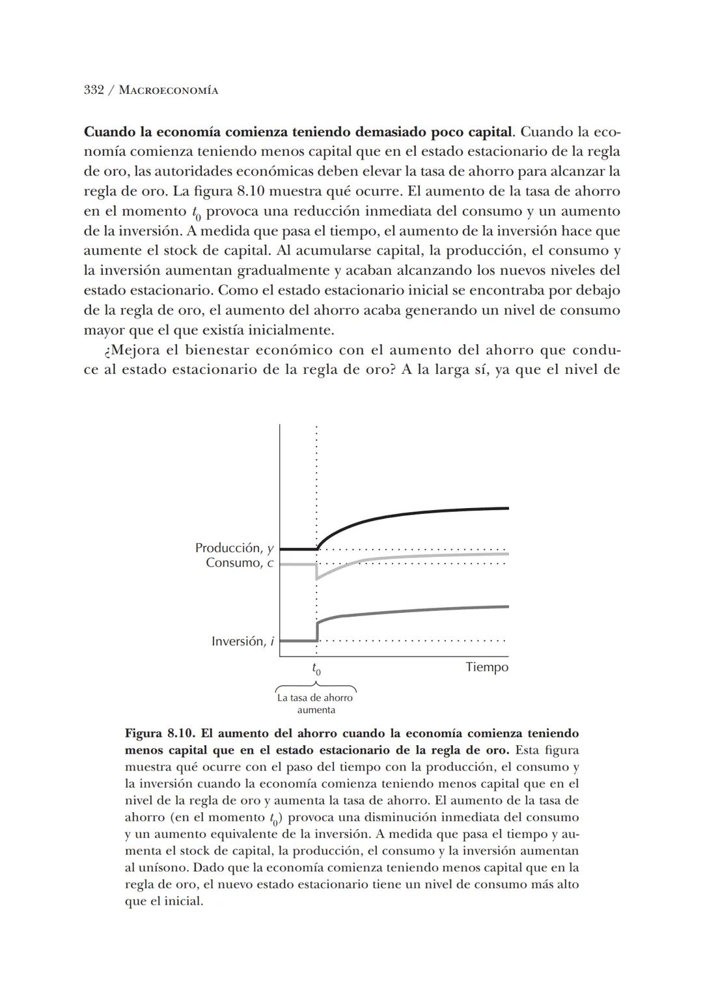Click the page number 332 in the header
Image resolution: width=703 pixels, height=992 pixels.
click(x=94, y=90)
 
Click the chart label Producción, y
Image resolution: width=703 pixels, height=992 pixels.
click(x=234, y=548)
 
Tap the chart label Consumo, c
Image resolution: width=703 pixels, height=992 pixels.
click(x=239, y=563)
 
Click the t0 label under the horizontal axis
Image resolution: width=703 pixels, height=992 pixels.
click(x=316, y=669)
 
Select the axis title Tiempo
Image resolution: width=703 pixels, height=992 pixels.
click(x=487, y=667)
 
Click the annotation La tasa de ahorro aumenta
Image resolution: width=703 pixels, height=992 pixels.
click(x=316, y=703)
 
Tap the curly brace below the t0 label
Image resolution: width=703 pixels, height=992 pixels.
click(x=316, y=686)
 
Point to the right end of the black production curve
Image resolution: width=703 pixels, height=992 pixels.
click(x=507, y=508)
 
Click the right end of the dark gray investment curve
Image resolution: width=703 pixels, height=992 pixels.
click(x=507, y=606)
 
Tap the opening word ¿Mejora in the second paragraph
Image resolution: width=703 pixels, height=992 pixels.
click(x=132, y=350)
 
